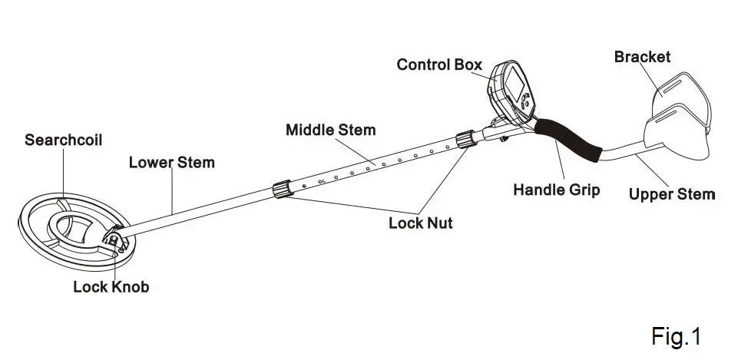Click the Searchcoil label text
pyautogui.click(x=63, y=140)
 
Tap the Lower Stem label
pyautogui.click(x=171, y=163)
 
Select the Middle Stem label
pyautogui.click(x=330, y=130)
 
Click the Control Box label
pyautogui.click(x=439, y=64)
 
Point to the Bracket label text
pyautogui.click(x=642, y=57)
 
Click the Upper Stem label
pyautogui.click(x=671, y=194)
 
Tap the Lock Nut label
pyautogui.click(x=420, y=223)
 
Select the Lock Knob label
pyautogui.click(x=111, y=287)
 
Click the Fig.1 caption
pyautogui.click(x=676, y=335)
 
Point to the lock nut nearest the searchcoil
pyautogui.click(x=282, y=189)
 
